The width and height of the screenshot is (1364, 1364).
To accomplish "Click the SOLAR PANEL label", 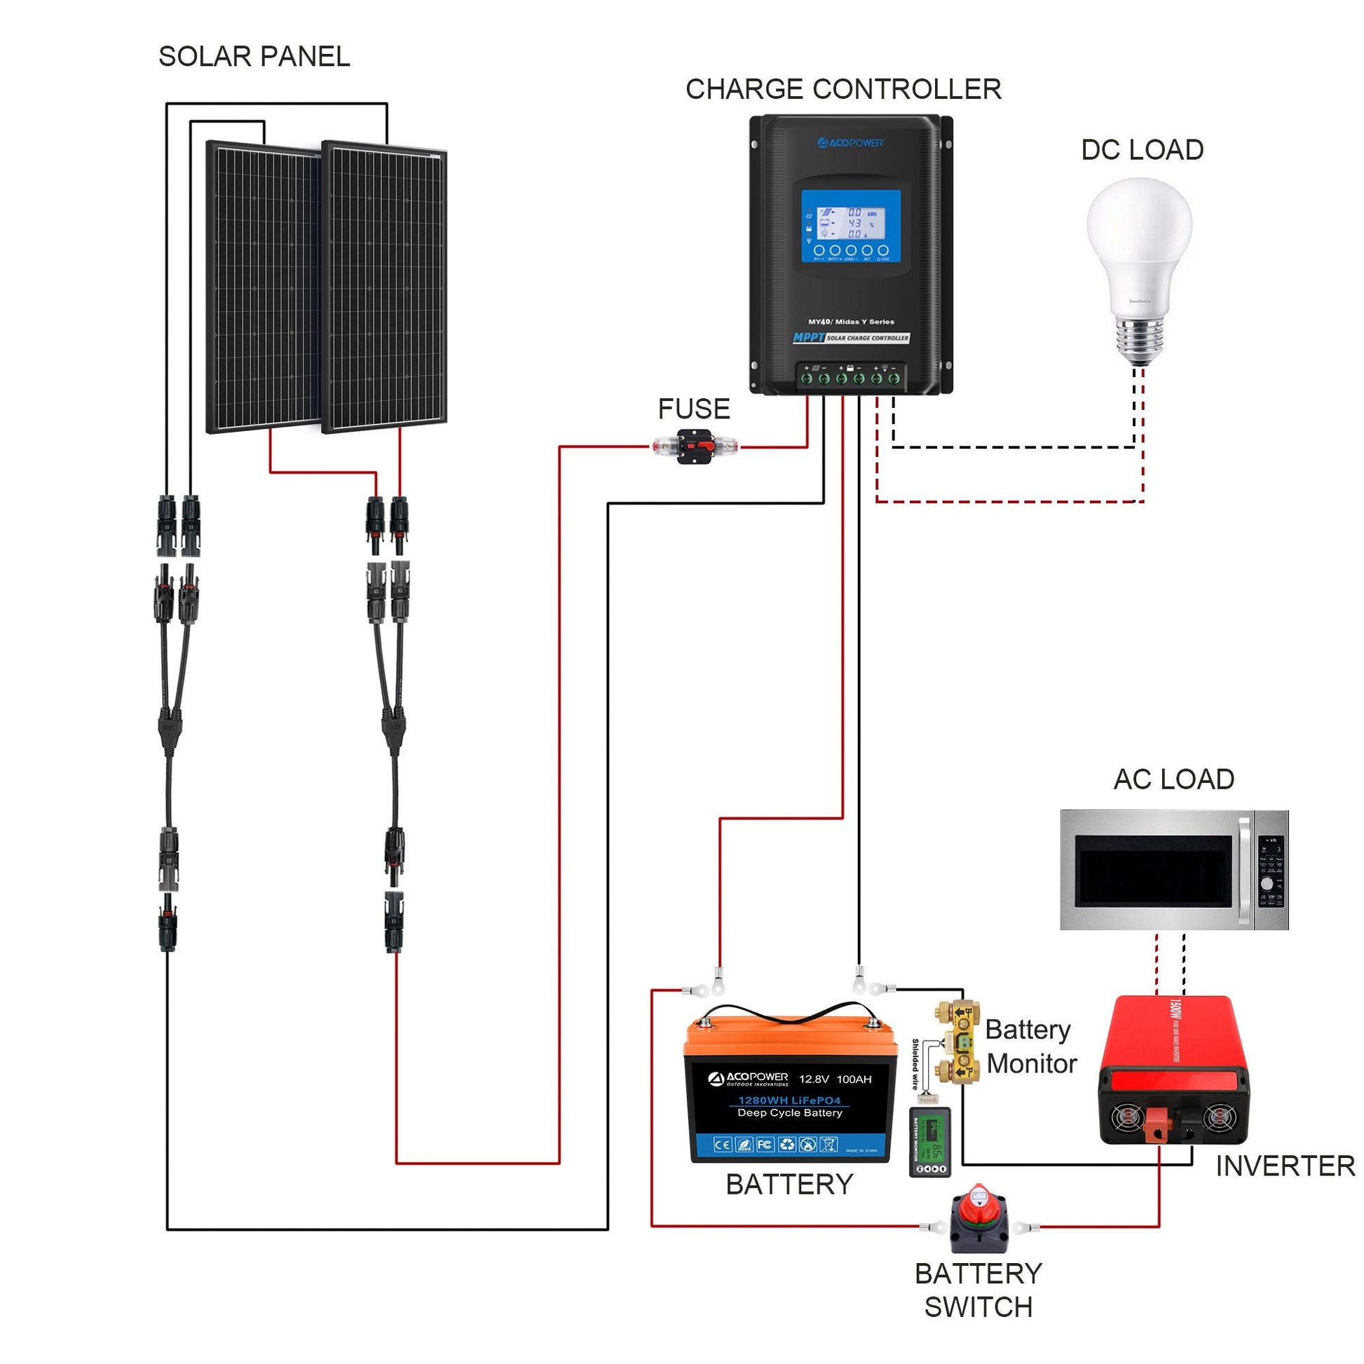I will click(x=254, y=57).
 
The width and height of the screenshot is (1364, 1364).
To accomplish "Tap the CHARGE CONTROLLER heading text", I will click(x=843, y=89).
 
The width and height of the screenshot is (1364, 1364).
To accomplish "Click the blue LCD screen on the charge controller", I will click(x=851, y=226).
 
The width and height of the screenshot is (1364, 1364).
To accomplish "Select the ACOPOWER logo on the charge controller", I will click(x=851, y=142).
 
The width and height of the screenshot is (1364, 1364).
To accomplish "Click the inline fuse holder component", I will click(x=696, y=446).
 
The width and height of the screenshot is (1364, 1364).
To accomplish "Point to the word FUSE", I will click(x=693, y=409).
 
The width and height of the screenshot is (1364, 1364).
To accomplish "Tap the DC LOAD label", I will click(x=1143, y=150).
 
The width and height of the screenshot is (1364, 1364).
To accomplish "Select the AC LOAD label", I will click(x=1173, y=779).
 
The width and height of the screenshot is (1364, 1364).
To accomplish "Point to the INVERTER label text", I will click(x=1285, y=1166).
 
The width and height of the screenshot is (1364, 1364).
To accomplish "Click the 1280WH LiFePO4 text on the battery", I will click(x=789, y=1100).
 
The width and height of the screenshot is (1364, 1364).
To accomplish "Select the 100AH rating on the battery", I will click(x=854, y=1079).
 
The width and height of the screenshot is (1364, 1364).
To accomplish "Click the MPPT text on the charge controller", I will click(x=808, y=337).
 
